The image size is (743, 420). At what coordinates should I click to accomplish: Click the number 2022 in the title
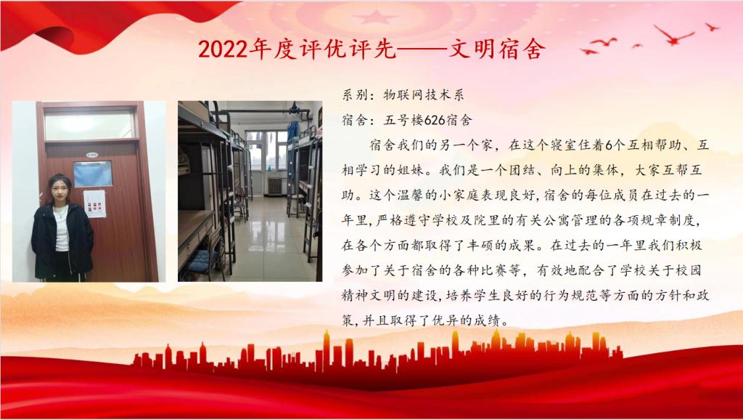[223, 49]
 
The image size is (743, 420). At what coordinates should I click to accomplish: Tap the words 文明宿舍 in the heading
[496, 49]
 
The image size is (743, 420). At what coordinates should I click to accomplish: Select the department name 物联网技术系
[424, 95]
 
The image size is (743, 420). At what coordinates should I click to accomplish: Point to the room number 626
[434, 121]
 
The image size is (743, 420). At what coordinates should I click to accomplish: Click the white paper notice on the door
[95, 204]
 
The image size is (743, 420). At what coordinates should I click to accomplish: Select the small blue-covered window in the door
[93, 174]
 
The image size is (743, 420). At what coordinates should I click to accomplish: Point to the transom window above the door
[89, 124]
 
